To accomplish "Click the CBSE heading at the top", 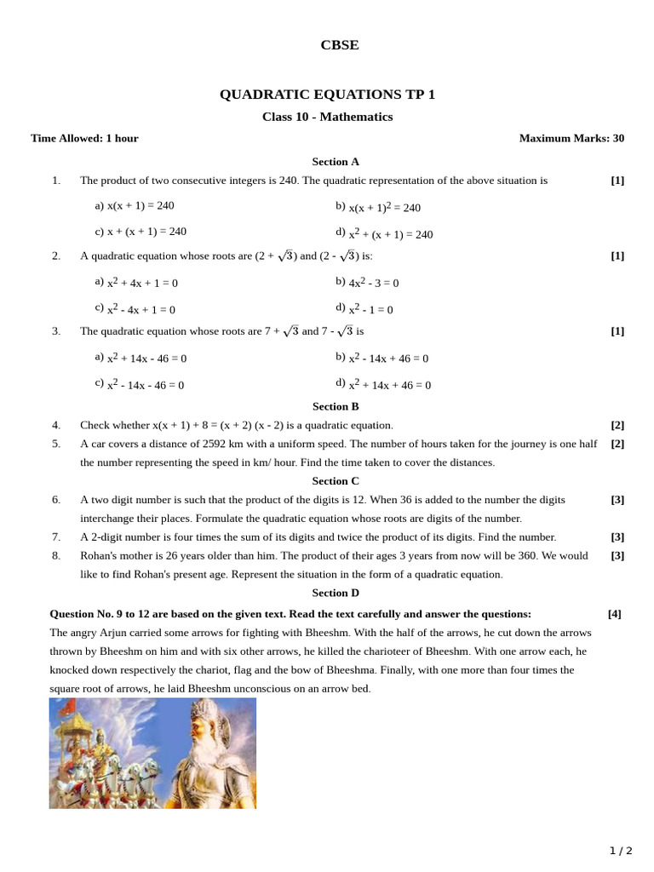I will point(339,45).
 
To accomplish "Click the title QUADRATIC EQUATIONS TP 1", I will point(327,95).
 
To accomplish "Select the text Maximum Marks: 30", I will point(571,138).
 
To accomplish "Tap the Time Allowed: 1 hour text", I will point(84,138).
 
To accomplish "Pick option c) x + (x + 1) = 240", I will point(141,232).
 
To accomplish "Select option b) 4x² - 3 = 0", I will point(367,283).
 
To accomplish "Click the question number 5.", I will point(56,444).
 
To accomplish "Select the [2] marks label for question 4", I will point(617,425).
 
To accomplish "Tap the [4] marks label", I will point(615,614).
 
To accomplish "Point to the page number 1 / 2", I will point(621,851).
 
